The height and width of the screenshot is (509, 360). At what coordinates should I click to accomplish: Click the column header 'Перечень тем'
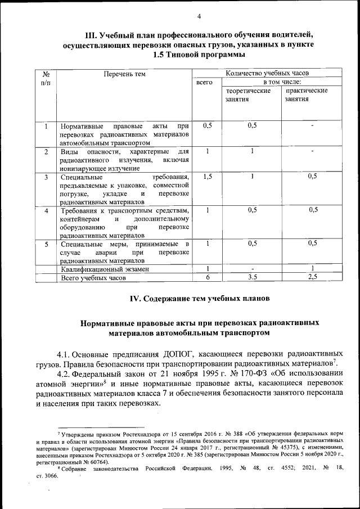[x=125, y=74]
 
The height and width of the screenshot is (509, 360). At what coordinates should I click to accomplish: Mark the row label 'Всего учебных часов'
[x=93, y=278]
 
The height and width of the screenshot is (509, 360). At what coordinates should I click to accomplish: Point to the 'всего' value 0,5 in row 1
[x=207, y=125]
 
